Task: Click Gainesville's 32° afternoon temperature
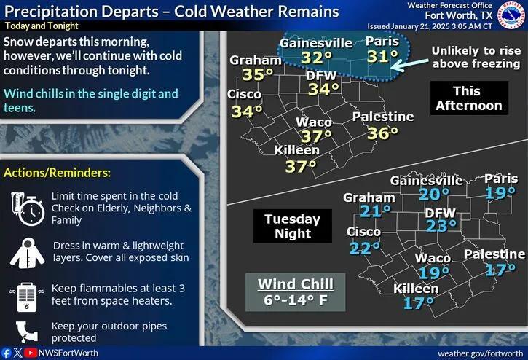(317, 59)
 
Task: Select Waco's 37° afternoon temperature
(316, 137)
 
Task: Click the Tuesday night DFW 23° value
(441, 227)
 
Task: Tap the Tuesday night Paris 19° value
(501, 193)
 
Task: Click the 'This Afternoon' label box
(467, 98)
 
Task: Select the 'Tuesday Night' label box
(292, 226)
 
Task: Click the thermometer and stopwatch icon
(25, 208)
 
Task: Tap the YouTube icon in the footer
(31, 352)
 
